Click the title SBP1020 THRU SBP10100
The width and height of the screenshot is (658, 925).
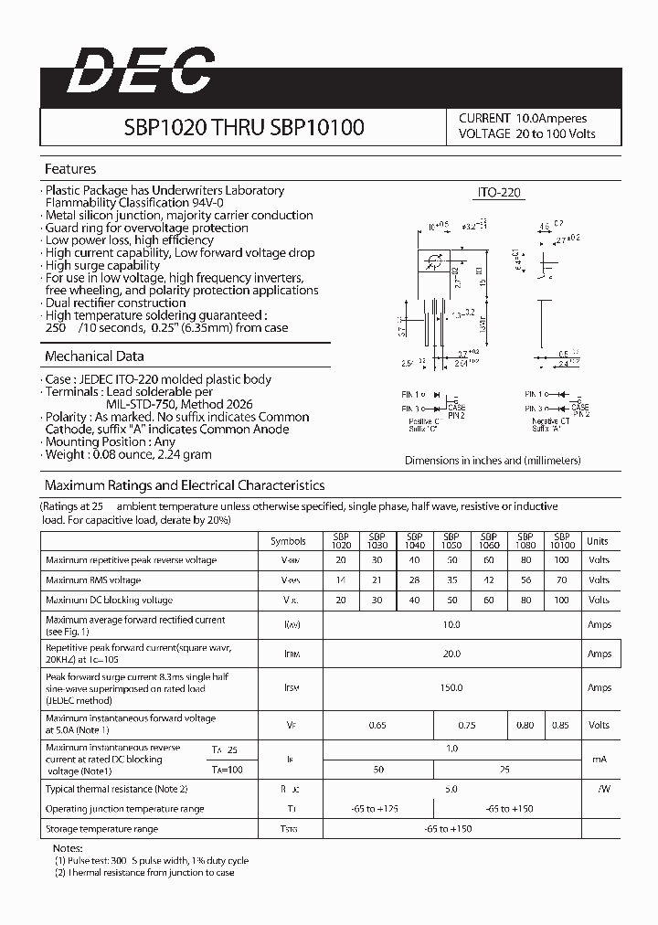tap(243, 128)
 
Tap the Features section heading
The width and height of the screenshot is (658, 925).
tap(70, 169)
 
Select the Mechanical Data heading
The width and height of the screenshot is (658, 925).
tap(94, 356)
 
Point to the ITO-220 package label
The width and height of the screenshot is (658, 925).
tap(499, 193)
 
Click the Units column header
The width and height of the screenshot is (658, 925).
tap(598, 541)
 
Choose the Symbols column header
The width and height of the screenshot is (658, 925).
tap(290, 541)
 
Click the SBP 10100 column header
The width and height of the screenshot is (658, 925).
tap(562, 541)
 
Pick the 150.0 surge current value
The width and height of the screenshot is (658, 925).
tap(451, 687)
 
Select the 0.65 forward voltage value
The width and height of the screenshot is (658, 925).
tap(377, 725)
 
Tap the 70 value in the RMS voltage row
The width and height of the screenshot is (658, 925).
tap(562, 579)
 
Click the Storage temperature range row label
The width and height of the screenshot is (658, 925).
tap(101, 829)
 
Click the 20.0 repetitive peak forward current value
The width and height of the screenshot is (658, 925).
tap(451, 654)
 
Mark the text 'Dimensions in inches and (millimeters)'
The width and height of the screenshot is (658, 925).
tap(493, 461)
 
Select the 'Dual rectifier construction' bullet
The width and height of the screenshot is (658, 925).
tap(115, 303)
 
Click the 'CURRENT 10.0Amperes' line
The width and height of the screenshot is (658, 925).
tap(523, 118)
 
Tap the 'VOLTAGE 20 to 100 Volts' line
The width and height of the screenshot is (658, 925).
tap(526, 133)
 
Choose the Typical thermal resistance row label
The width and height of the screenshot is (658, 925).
tap(116, 788)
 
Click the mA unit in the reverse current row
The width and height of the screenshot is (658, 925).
tap(599, 759)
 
